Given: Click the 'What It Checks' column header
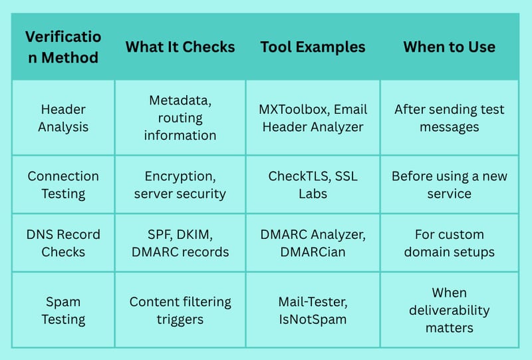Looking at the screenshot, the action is pos(180,47).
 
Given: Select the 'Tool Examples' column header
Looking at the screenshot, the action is pos(313,47).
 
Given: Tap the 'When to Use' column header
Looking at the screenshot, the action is pos(450,47).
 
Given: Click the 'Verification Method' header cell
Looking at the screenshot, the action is pos(63,47).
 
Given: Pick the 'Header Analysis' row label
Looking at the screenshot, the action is pos(63,118).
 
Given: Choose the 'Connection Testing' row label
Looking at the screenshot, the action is pos(63,185).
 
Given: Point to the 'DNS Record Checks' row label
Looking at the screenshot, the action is pos(63,243).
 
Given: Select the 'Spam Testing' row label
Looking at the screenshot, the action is pos(63,310).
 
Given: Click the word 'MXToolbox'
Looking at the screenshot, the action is pos(294,109).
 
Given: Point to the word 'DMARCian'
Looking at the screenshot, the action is pos(313,252).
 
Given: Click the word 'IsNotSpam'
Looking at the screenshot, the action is pos(313,319).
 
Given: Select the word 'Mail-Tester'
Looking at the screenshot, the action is pos(313,301).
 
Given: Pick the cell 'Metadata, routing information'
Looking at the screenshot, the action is pos(180,118).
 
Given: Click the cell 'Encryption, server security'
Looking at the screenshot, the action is pos(180,185).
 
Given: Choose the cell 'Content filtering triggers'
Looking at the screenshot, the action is pos(180,310).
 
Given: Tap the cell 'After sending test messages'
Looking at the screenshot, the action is pos(450,118).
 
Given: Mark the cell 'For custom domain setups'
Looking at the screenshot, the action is pos(450,243).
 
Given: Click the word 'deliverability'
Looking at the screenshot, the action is pos(450,310).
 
